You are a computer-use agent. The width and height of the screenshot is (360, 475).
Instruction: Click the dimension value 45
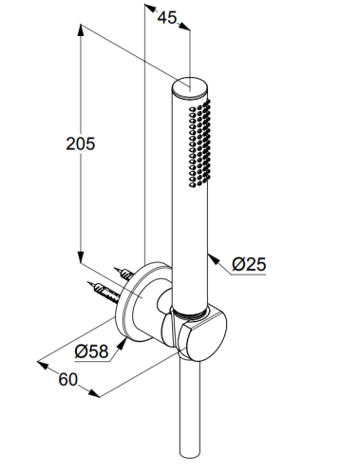167,18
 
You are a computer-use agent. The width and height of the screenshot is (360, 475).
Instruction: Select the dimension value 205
81,143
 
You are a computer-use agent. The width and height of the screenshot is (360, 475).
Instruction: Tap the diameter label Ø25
249,264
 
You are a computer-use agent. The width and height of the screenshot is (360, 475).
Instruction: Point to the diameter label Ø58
92,351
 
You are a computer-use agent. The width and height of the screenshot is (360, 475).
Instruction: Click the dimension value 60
67,379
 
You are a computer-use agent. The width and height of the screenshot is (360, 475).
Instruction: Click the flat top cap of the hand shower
190,85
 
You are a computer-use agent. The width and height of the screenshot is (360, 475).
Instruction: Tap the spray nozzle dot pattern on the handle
199,143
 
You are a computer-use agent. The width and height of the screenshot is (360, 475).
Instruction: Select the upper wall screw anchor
124,274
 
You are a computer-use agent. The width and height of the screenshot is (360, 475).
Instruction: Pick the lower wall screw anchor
104,292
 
